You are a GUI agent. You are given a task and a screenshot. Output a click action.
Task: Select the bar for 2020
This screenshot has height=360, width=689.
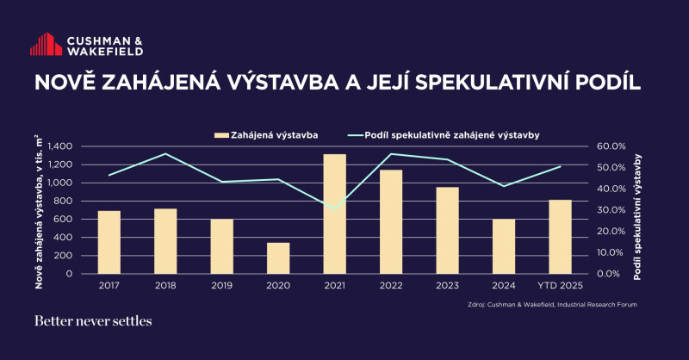pyautogui.click(x=277, y=258)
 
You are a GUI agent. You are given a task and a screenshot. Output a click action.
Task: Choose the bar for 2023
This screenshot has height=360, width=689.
pyautogui.click(x=447, y=230)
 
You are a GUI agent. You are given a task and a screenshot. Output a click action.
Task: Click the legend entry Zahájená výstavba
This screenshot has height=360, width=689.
pyautogui.click(x=267, y=134)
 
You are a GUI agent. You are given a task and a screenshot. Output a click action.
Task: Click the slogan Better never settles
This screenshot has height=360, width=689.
pyautogui.click(x=93, y=322)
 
